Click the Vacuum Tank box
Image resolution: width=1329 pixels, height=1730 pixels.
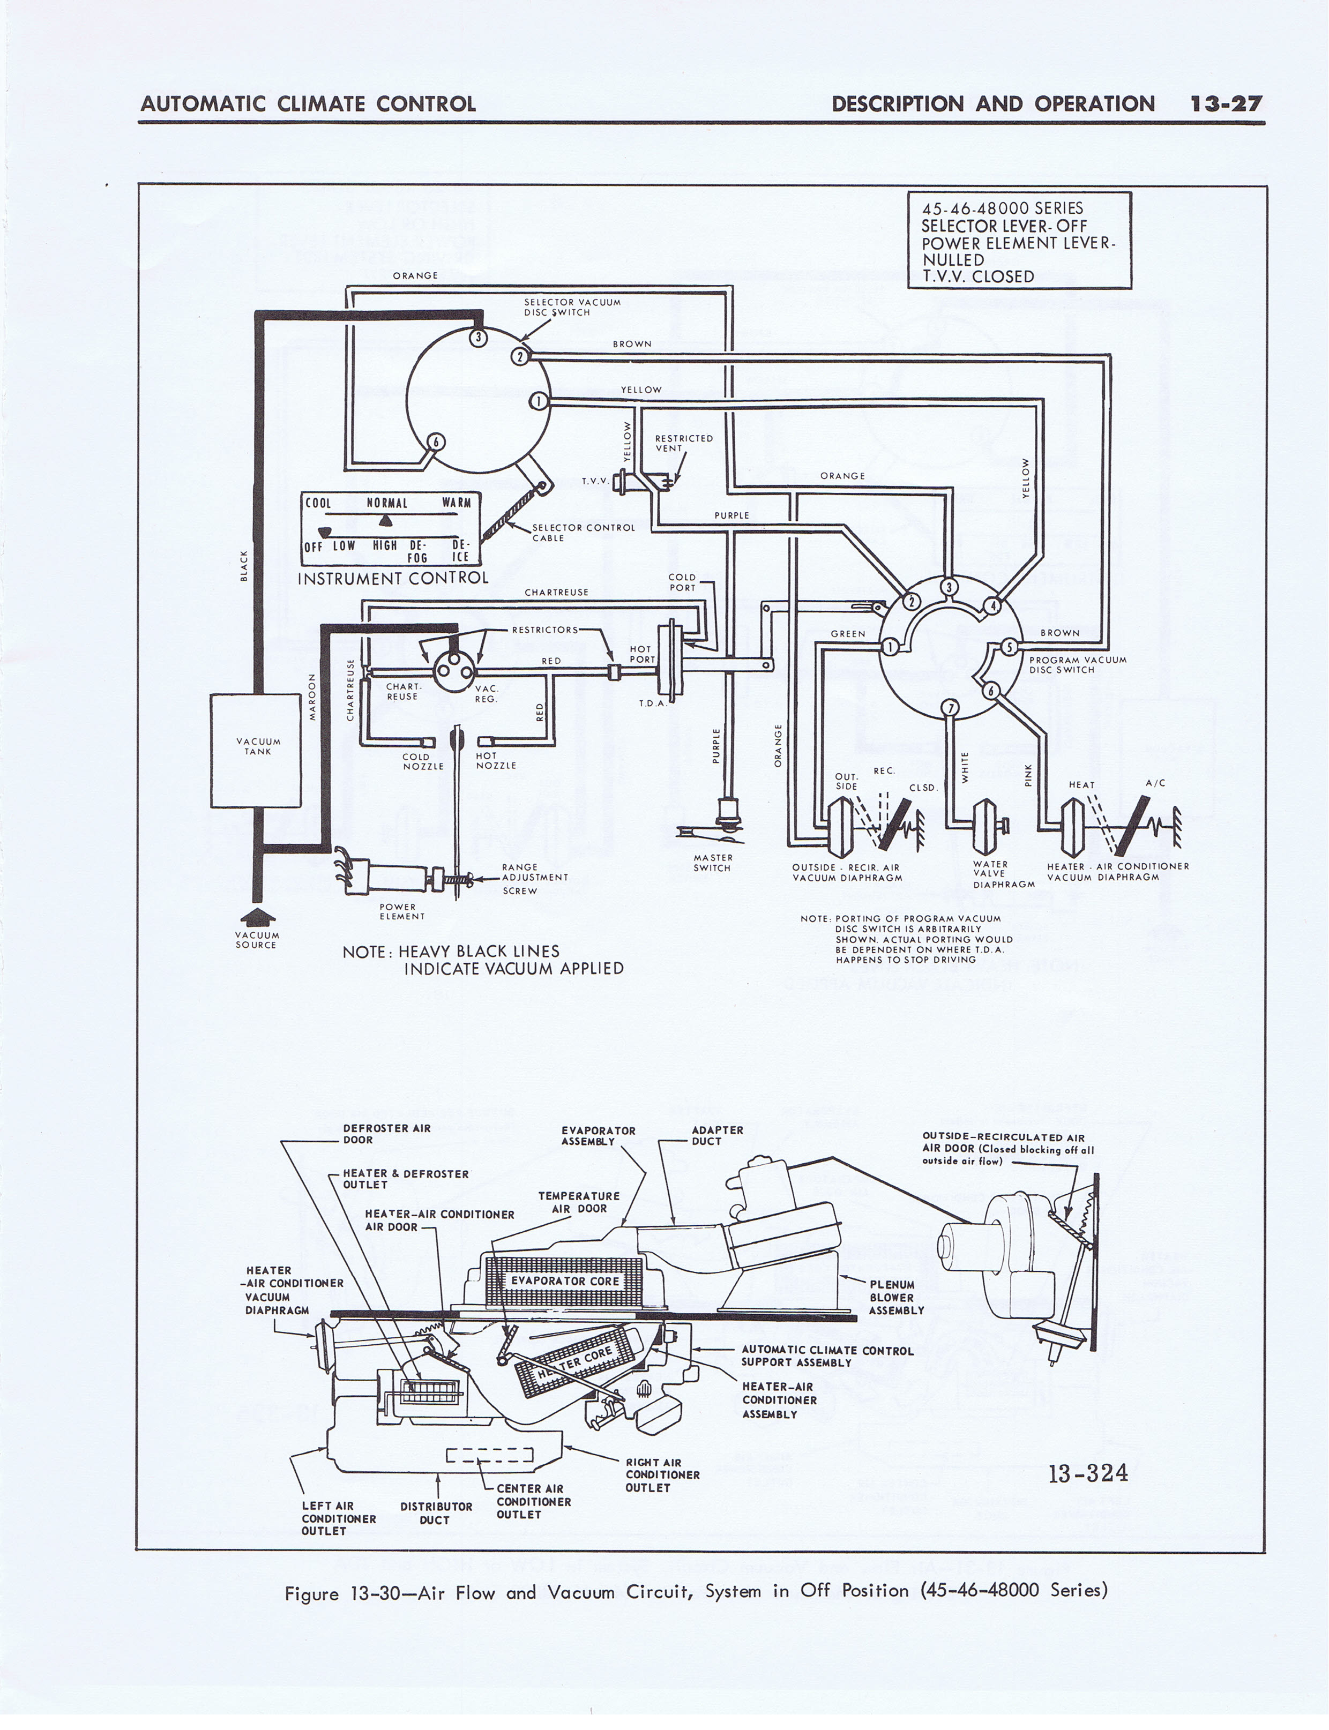click(x=256, y=750)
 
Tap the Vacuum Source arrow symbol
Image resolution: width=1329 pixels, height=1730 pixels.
click(x=256, y=916)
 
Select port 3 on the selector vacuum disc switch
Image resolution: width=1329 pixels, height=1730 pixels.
click(x=478, y=338)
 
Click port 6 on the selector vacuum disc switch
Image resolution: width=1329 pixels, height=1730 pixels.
click(x=436, y=441)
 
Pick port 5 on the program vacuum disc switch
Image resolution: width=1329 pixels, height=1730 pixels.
click(x=1009, y=647)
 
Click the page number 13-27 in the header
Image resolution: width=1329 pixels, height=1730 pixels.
click(x=1226, y=103)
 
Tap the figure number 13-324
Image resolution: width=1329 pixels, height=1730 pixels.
click(x=1088, y=1473)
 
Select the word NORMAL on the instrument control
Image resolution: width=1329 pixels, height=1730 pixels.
click(x=387, y=503)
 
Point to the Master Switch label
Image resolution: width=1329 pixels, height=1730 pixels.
click(x=713, y=863)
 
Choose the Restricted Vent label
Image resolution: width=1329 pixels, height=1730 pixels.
click(x=683, y=443)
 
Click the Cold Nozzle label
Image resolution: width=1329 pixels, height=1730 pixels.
click(x=423, y=761)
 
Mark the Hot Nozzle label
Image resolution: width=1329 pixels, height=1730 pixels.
click(x=496, y=761)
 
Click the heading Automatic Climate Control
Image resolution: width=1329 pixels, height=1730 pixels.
click(x=308, y=103)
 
